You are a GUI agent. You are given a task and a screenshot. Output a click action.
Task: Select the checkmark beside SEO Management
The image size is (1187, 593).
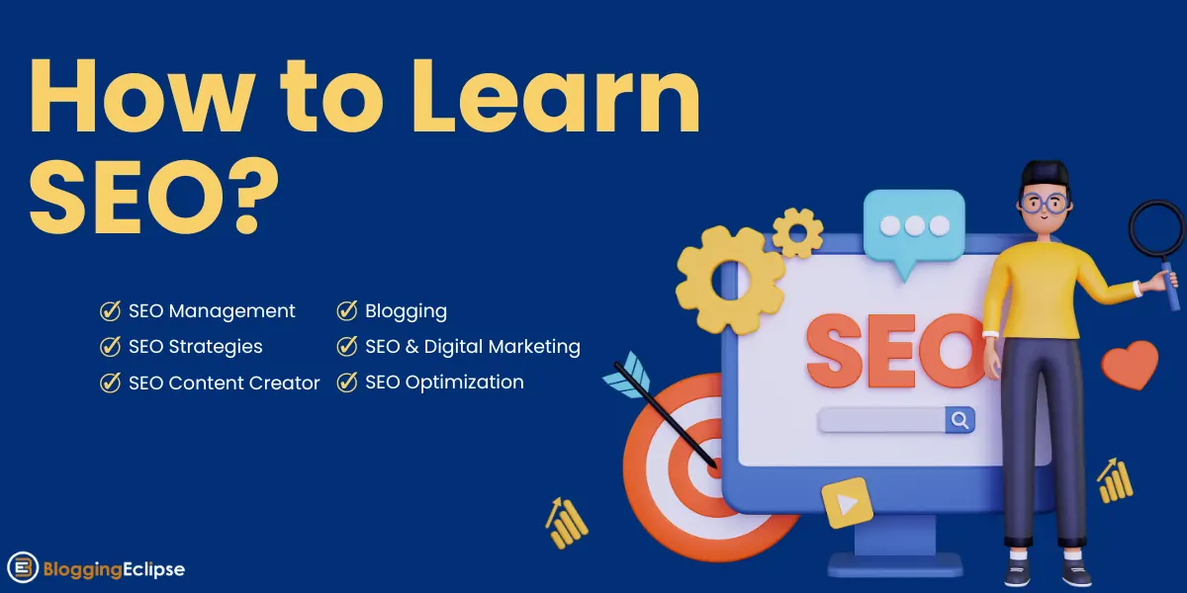[x=111, y=311]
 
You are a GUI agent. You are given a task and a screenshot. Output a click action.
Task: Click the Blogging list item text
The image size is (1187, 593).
[x=406, y=311]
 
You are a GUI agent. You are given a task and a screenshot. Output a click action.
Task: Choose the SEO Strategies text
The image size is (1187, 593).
[x=195, y=347]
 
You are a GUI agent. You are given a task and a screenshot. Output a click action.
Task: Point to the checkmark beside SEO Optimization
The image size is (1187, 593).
[x=347, y=382]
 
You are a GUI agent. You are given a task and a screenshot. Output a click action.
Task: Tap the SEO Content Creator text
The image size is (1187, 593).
[x=224, y=382]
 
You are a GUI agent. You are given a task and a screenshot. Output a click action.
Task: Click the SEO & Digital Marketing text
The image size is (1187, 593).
[x=472, y=347]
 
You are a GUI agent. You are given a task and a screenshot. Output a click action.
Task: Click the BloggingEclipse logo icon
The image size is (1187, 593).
[x=23, y=568]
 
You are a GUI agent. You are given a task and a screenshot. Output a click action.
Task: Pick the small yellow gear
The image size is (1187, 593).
[x=797, y=232]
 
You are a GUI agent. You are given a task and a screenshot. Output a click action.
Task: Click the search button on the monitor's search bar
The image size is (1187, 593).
[x=959, y=420]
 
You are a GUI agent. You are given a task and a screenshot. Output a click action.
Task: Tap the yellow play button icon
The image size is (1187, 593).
[x=846, y=502]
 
